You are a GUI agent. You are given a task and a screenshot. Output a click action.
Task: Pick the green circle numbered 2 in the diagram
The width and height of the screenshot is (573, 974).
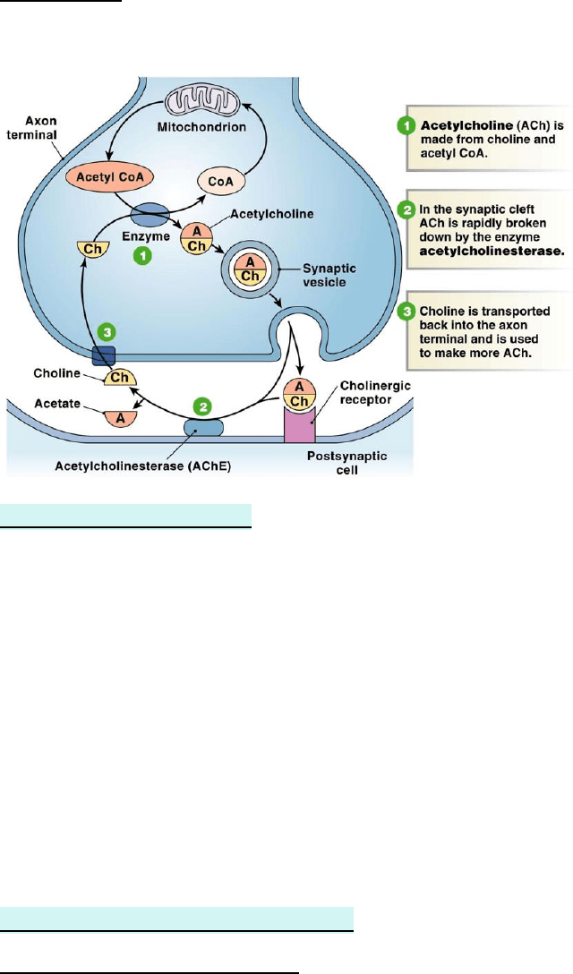tap(205, 406)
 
